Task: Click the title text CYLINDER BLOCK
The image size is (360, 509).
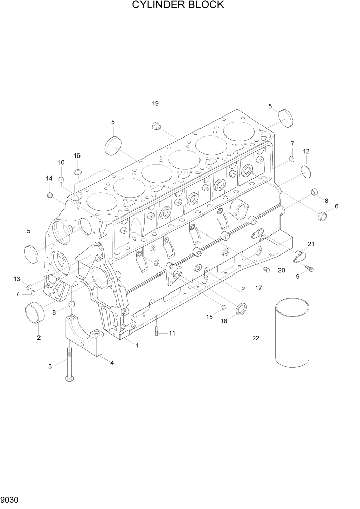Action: (x=178, y=5)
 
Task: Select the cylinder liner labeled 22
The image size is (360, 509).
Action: (x=292, y=335)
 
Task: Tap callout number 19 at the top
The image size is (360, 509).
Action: (x=155, y=104)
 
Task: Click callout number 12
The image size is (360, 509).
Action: (x=306, y=151)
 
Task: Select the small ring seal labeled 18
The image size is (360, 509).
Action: (x=241, y=309)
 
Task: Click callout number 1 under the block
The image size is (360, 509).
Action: (x=137, y=345)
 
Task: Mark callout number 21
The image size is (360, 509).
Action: (x=311, y=244)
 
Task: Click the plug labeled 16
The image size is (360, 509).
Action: (x=78, y=170)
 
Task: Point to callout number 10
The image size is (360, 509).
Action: (x=61, y=163)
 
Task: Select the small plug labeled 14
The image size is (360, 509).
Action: (x=50, y=194)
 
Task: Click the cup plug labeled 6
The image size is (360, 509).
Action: (x=323, y=216)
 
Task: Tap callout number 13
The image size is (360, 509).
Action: (x=17, y=279)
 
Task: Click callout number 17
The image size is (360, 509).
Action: (x=258, y=288)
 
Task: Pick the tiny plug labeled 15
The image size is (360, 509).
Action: (x=224, y=307)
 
